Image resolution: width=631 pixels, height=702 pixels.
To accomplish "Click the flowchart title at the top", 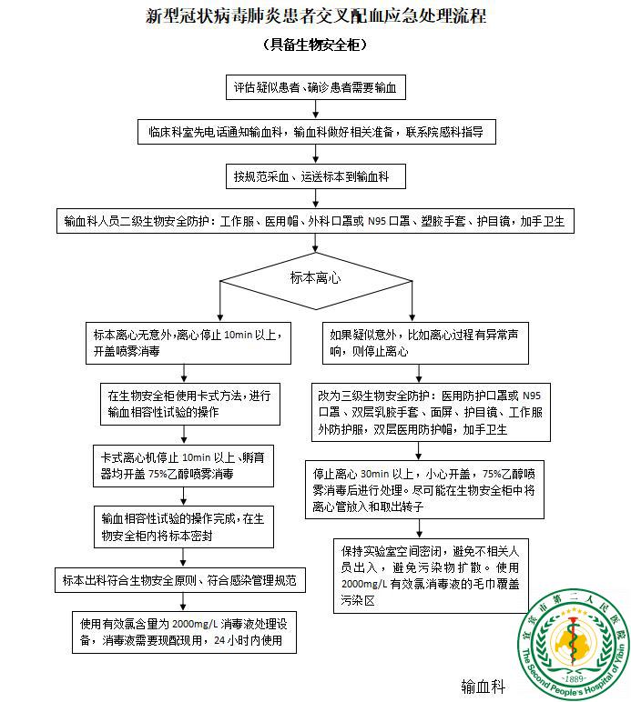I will (315, 16).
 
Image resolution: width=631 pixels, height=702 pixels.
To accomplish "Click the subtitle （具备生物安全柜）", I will (315, 45).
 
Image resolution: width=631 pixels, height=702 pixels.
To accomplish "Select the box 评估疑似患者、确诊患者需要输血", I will (315, 88).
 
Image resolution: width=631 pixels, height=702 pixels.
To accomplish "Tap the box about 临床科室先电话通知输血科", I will (315, 132).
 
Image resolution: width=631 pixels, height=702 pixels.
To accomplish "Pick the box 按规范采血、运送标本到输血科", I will (315, 175).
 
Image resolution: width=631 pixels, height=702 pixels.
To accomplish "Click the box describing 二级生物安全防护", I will (315, 221).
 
